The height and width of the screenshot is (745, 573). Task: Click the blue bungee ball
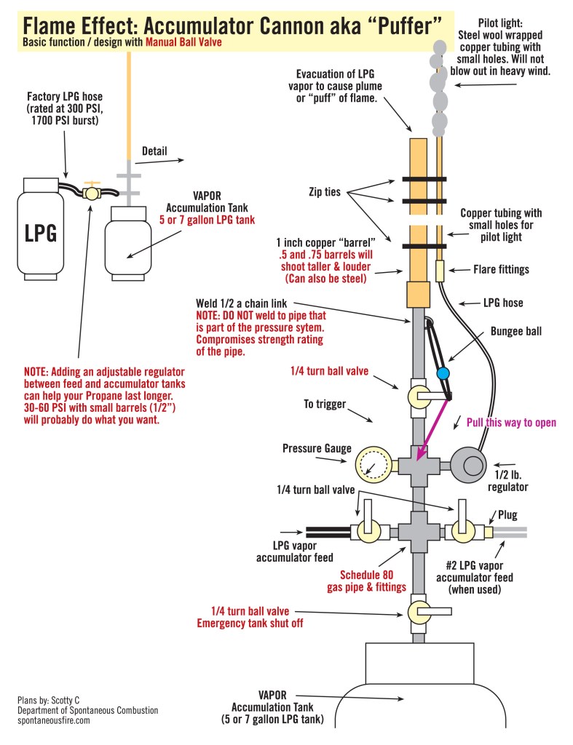tap(441, 374)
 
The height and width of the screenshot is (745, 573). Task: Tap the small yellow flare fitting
tap(439, 271)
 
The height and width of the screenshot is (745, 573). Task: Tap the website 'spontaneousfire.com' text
tap(54, 720)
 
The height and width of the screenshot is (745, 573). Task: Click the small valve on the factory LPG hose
tap(91, 193)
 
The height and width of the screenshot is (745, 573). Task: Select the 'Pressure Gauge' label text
tap(313, 449)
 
